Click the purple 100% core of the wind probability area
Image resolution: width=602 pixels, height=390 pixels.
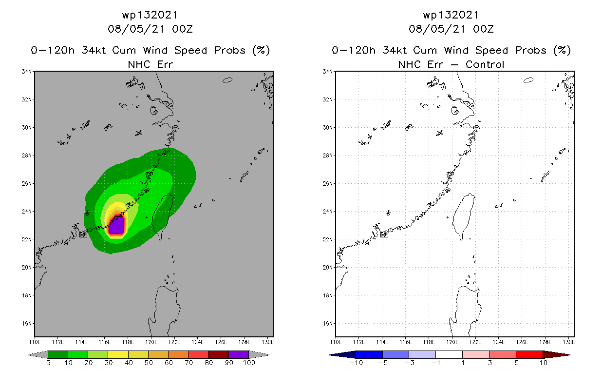[x=117, y=227]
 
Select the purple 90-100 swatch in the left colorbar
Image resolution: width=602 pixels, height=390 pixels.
[x=238, y=354]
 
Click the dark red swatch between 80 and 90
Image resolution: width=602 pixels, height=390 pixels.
[x=218, y=354]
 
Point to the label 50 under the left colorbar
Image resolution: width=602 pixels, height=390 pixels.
[x=148, y=363]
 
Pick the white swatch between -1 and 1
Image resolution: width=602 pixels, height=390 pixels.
[x=449, y=354]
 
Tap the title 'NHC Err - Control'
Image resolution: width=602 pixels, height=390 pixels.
[x=451, y=64]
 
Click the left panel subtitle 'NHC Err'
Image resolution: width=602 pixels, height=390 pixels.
[x=150, y=64]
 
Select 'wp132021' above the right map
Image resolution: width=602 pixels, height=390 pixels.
[x=451, y=15]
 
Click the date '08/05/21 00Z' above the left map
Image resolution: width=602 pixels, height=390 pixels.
[x=150, y=29]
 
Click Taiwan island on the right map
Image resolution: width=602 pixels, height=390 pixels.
[x=462, y=214]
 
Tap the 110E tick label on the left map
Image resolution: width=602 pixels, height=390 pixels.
[x=35, y=342]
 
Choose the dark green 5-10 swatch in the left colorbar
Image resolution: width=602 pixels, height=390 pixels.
[x=58, y=354]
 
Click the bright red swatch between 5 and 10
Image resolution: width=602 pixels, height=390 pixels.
[x=528, y=354]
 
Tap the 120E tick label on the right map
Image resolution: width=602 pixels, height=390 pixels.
[x=453, y=342]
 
